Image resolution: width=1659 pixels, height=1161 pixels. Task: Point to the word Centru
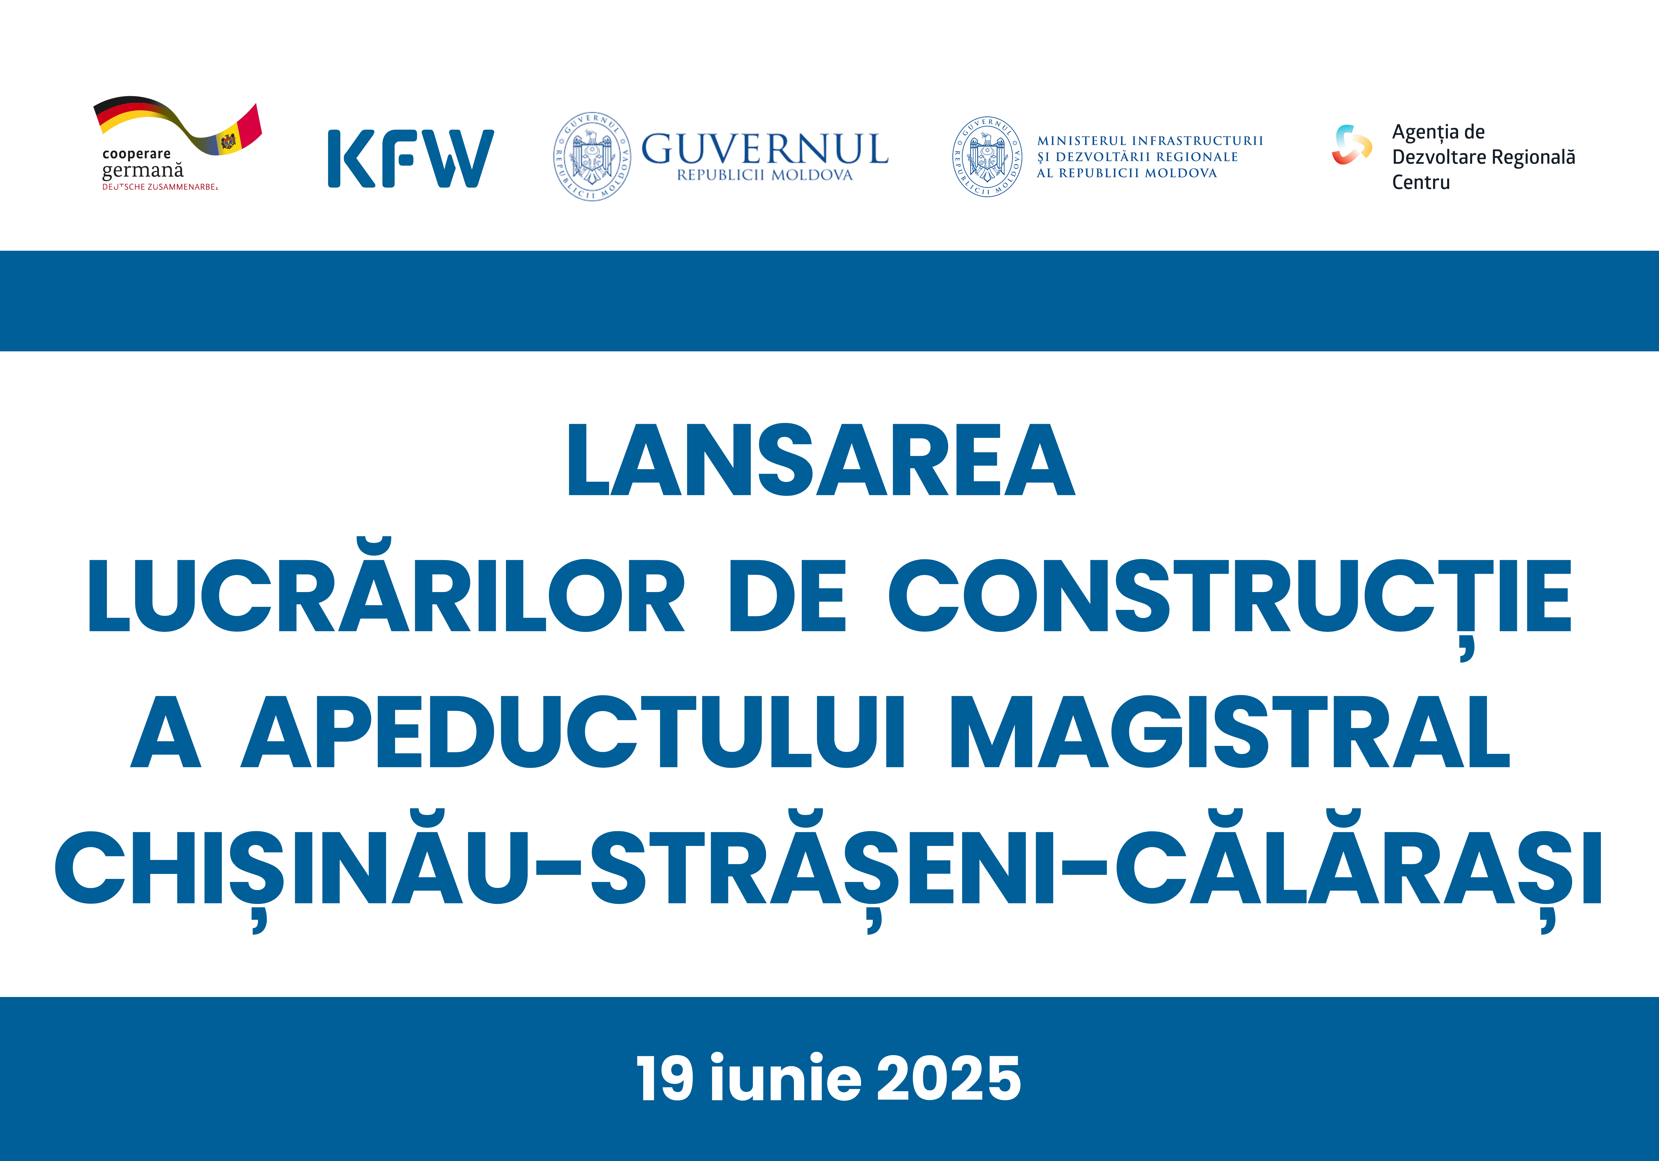tap(1421, 183)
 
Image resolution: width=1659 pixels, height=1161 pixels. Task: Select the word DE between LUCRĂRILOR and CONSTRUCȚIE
tap(788, 597)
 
